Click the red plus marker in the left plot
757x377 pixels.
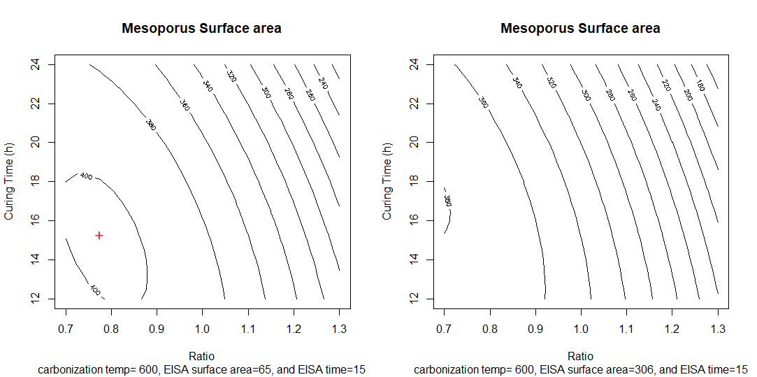[x=99, y=235]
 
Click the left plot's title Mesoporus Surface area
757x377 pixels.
[x=201, y=29]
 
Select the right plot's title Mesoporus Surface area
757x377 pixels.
[x=580, y=29]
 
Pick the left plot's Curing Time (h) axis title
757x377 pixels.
[x=10, y=182]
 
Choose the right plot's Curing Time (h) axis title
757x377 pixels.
[x=388, y=182]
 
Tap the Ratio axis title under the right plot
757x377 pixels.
[x=580, y=355]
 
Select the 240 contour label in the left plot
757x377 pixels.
[x=322, y=81]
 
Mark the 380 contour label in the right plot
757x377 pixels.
[x=447, y=200]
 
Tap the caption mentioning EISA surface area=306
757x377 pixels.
[x=580, y=369]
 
